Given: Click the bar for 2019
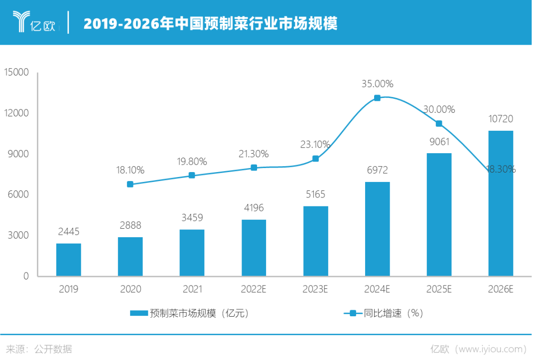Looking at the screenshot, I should [x=68, y=259].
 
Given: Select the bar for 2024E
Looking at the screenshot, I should [x=377, y=228].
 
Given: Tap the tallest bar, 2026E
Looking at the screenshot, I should [x=501, y=203].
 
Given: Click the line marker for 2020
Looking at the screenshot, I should [x=130, y=184].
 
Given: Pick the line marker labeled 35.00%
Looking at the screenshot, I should [x=377, y=98].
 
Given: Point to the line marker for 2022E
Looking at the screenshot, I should [x=254, y=168].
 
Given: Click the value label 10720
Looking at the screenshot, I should [x=501, y=119].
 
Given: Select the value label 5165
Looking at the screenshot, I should [x=316, y=194].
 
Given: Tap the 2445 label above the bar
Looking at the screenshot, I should [x=68, y=232].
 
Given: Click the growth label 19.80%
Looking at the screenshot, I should [x=192, y=161].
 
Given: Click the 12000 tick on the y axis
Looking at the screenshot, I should [x=17, y=113].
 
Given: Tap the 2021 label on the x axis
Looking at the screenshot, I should [x=192, y=289].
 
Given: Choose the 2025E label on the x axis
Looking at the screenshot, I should [x=439, y=289].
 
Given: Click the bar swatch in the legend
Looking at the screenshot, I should [x=139, y=313].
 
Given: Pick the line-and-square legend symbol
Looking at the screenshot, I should [x=353, y=313].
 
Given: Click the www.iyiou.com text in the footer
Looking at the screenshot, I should [x=491, y=349].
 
